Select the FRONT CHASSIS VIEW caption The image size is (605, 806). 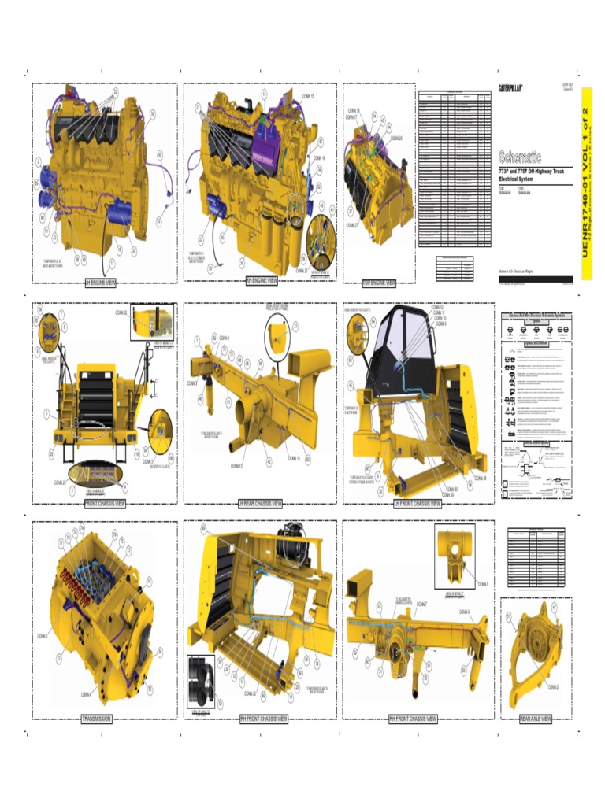pos(105,504)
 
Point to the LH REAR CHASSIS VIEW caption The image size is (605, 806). pos(260,504)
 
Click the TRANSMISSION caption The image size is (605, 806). pos(97,719)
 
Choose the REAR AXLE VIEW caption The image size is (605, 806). pos(536,719)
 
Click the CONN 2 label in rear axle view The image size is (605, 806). pos(553,686)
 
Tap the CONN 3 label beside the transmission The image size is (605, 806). pos(42,636)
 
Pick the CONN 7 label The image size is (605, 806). pos(421,604)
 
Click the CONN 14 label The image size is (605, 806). pos(294,458)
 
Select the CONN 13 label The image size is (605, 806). pos(236,466)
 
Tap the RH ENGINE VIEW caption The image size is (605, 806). pos(262,280)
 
